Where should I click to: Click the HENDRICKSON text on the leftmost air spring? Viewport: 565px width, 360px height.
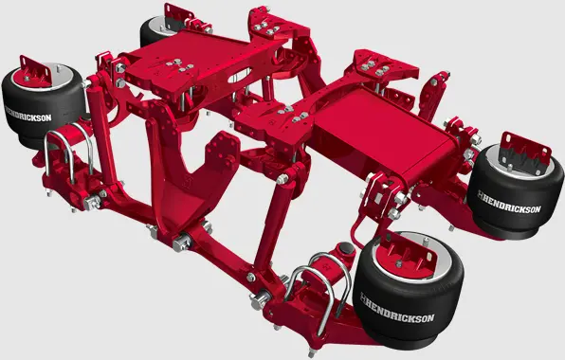(28, 114)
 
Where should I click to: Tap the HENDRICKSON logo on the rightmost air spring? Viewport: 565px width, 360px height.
(509, 203)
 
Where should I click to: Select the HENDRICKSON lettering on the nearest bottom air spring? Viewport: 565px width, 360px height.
(397, 309)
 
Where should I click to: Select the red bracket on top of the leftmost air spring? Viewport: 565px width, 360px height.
(35, 71)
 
